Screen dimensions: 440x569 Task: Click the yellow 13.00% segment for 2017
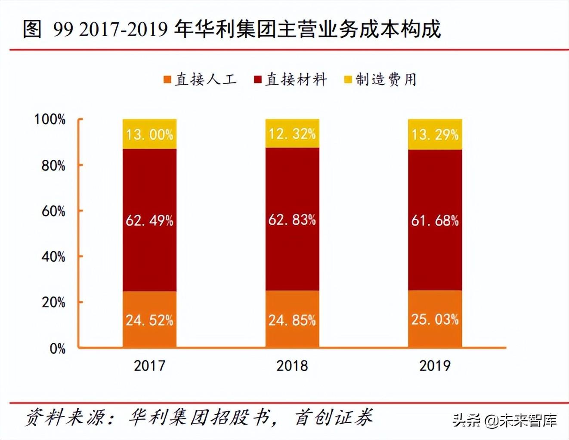coord(149,134)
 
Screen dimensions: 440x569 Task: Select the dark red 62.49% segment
coord(149,220)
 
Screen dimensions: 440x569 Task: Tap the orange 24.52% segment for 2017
coord(149,319)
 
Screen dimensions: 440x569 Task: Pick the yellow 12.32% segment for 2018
coord(292,133)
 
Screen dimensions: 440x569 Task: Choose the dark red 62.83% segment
coord(292,219)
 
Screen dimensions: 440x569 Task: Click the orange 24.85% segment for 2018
coord(292,319)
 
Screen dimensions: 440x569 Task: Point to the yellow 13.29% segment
coord(435,134)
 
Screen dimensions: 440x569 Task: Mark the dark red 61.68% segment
coord(435,220)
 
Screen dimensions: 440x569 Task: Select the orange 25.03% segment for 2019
coord(435,318)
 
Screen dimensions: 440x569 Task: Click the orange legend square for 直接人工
coord(167,79)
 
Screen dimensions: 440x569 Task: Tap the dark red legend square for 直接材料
coord(258,79)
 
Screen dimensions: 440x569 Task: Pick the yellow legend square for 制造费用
coord(348,79)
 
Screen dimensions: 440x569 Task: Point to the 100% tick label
coord(50,119)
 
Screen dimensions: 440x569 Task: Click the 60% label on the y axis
coord(53,211)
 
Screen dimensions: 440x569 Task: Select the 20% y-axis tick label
coord(53,302)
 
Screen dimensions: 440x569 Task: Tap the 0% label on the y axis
coord(57,348)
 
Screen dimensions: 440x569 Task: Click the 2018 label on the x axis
coord(292,366)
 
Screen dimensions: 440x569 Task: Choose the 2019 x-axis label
coord(435,366)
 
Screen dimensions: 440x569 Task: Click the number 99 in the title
coord(63,29)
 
